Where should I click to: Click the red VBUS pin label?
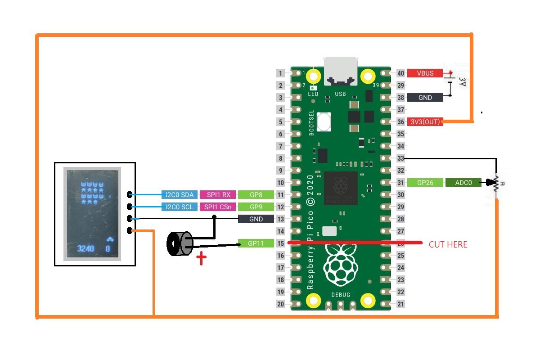(x=425, y=73)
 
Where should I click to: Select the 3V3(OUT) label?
(x=425, y=122)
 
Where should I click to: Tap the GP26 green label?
(x=425, y=183)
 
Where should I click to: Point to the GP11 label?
(x=256, y=243)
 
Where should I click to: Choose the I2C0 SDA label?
(x=180, y=195)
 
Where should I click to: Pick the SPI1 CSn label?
(x=217, y=207)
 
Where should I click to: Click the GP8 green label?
(x=256, y=195)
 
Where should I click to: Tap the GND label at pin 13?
(x=256, y=219)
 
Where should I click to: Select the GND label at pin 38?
(x=425, y=98)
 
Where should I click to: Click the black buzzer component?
(x=179, y=244)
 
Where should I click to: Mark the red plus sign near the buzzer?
(x=201, y=259)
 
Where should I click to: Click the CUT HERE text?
(x=448, y=244)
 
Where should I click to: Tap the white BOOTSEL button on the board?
(x=324, y=121)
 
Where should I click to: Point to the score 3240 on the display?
(x=85, y=248)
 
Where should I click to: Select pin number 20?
(x=280, y=304)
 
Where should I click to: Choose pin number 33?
(x=400, y=158)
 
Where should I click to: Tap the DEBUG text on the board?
(x=341, y=295)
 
